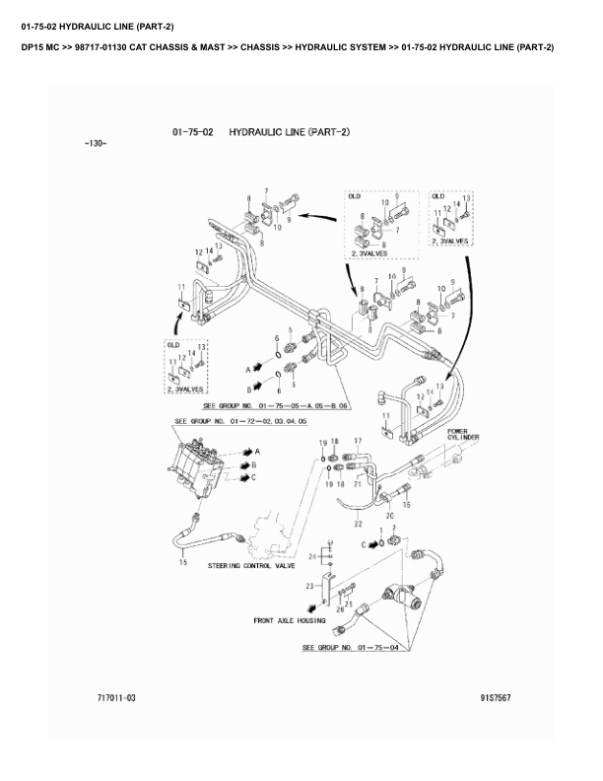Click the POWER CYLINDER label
[463, 435]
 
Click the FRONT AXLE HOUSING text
[290, 621]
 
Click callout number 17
[358, 440]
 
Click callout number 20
[389, 515]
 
